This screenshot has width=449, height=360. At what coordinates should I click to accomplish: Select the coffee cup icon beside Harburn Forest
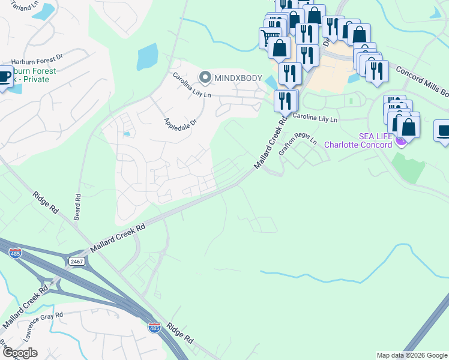[x=4, y=78]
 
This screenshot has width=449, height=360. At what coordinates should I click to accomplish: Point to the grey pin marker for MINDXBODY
[x=205, y=77]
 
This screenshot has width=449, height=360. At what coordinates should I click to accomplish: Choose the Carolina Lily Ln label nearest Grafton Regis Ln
[x=315, y=119]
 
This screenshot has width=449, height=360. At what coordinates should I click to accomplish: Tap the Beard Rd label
[x=77, y=206]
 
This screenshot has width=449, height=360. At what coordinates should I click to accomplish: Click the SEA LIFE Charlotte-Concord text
[x=358, y=140]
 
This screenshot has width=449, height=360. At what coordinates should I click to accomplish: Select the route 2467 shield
[x=76, y=262]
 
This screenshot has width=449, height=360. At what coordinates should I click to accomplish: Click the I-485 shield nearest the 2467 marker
[x=15, y=254]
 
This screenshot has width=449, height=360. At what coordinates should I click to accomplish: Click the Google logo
[x=20, y=352]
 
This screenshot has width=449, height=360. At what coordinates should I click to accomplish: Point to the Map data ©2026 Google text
[x=412, y=355]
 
